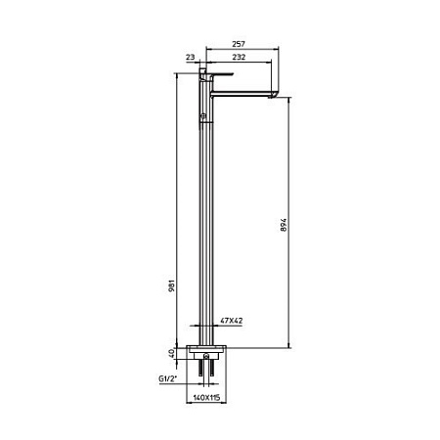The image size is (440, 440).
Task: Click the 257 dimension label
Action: pos(239,44)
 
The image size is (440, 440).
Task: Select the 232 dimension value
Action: pos(239,57)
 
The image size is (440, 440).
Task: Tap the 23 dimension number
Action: pos(190,57)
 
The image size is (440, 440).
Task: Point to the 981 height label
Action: pos(172,286)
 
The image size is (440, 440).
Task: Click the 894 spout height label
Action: pos(284,225)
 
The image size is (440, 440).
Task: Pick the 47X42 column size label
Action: pos(232,321)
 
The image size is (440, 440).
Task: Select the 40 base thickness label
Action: pos(172,353)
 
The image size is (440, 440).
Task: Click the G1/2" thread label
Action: pos(168,378)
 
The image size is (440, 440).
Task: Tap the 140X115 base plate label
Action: pos(206,398)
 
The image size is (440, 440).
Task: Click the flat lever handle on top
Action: pos(218,74)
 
